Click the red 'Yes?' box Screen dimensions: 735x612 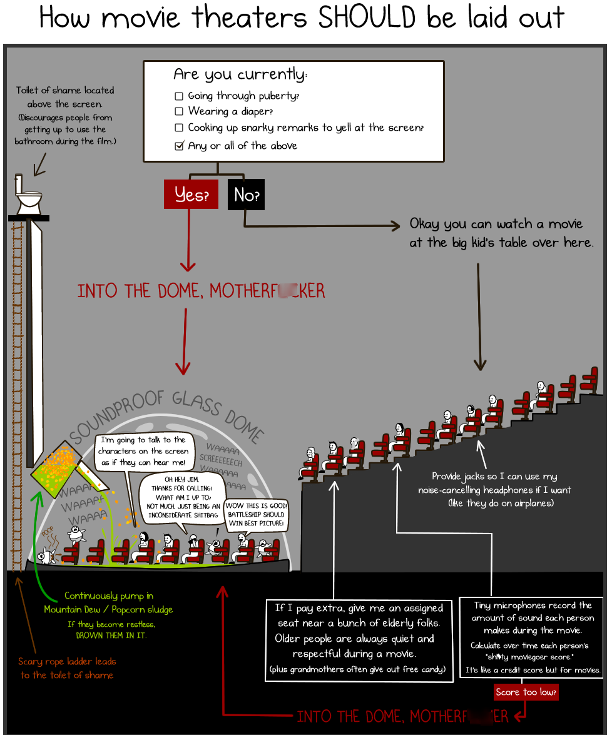(x=190, y=195)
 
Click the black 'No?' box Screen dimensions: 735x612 (x=246, y=195)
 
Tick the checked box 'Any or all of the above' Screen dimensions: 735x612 (x=179, y=146)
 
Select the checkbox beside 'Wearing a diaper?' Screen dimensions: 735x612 (x=179, y=111)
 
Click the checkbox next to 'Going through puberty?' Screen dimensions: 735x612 (x=179, y=96)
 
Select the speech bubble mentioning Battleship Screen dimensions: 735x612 (x=255, y=514)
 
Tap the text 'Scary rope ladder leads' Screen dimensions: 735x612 (x=67, y=661)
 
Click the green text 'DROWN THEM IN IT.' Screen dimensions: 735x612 (x=111, y=635)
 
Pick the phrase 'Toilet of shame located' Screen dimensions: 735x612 (x=65, y=90)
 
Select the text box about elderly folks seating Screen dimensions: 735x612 (x=359, y=638)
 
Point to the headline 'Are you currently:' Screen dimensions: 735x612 (x=240, y=74)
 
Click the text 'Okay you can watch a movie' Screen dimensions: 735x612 (x=496, y=224)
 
